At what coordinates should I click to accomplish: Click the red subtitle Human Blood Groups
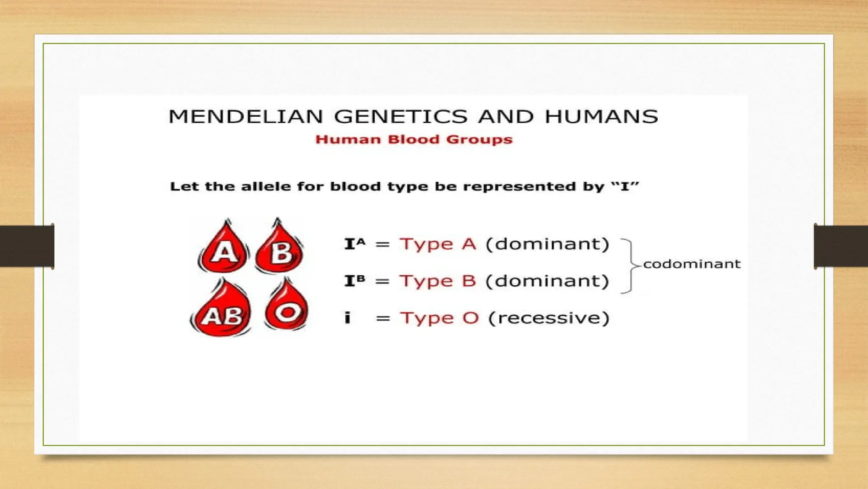coord(414,140)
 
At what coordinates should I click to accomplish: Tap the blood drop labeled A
coord(224,248)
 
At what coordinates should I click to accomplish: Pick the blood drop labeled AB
coord(221,312)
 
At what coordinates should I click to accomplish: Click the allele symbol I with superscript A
coord(354,244)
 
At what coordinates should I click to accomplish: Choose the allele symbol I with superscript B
coord(354,281)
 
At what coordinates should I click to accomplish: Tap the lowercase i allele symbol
coord(348,318)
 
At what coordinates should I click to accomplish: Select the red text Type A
coord(438,244)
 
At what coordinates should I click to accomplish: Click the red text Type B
coord(438,281)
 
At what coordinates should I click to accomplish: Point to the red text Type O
coord(440,318)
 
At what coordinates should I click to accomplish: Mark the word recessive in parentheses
coord(549,318)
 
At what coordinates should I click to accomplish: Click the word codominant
coord(692,264)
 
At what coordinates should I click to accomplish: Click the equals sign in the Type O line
coord(383,318)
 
